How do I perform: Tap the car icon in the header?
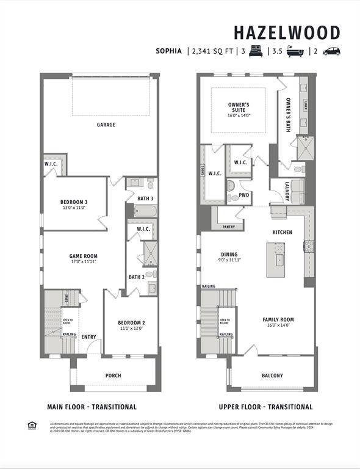(331, 51)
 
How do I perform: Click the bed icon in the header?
(255, 51)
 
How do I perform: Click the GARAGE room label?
(106, 125)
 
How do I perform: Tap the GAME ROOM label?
(83, 256)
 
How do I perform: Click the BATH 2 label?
(136, 277)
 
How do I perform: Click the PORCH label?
(113, 376)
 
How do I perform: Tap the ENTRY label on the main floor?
(88, 336)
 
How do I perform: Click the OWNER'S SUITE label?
(239, 107)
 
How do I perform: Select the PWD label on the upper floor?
(244, 195)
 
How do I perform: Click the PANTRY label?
(228, 227)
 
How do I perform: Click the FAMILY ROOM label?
(278, 319)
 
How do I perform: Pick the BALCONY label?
(272, 376)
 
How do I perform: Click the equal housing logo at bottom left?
(32, 425)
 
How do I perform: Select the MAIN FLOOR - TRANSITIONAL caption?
(92, 407)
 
